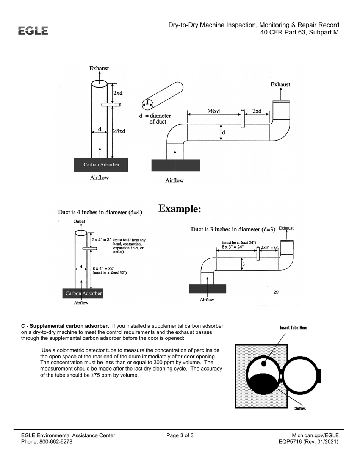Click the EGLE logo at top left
pos(33,31)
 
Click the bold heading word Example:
pos(179,209)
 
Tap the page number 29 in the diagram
pos(276,292)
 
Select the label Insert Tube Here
pos(293,328)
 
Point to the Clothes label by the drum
pos(299,408)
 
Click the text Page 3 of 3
pos(180,436)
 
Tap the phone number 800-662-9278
pos(56,442)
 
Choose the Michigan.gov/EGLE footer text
pos(315,436)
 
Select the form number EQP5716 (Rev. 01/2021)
pos(308,442)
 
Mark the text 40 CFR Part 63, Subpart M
pos(299,33)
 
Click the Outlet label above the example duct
pos(79,221)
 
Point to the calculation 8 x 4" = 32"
pos(102,268)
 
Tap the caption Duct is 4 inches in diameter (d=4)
pos(100,213)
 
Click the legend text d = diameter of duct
pos(155,119)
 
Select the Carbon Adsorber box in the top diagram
pos(101,165)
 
